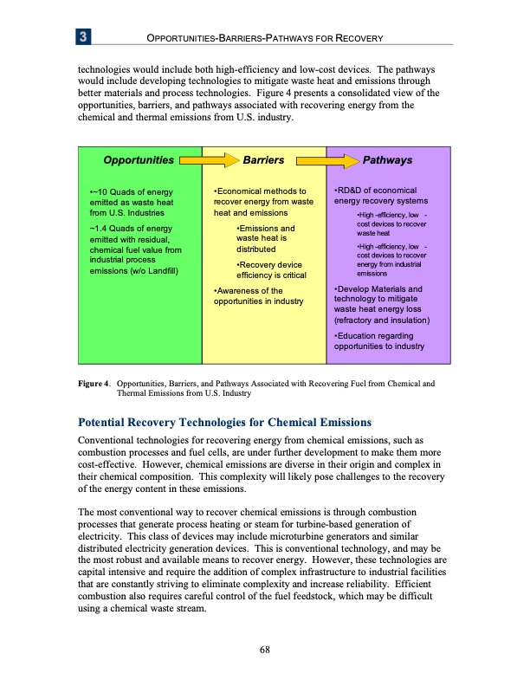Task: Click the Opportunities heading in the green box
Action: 139,160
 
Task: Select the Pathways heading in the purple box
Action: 387,160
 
